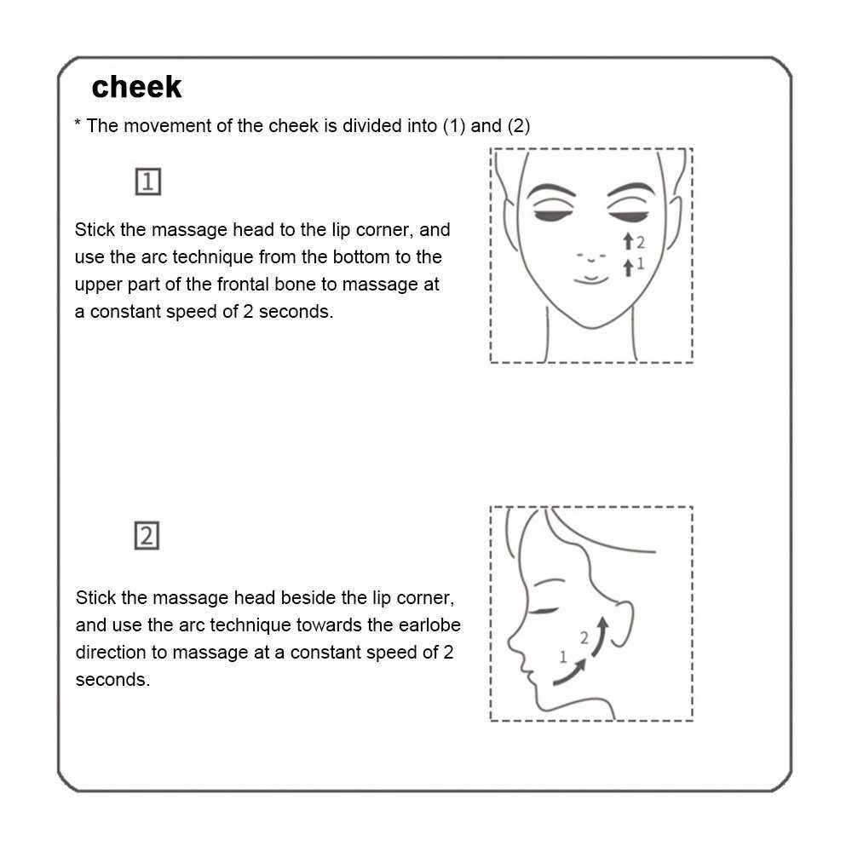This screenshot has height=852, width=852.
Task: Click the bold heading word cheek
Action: pos(136,87)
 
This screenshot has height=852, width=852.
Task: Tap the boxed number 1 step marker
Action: pos(147,181)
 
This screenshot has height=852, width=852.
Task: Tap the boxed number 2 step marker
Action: pos(147,536)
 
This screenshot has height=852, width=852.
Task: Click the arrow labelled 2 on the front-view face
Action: pos(628,241)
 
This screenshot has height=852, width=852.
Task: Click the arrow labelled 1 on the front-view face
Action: pos(628,268)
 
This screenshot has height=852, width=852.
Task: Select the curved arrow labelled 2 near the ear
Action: pos(600,636)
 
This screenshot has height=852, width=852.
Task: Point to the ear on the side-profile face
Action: pos(622,623)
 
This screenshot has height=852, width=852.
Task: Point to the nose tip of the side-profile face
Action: pos(510,642)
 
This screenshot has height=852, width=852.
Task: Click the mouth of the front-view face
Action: pos(591,279)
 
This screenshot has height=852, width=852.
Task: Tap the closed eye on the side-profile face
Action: pos(544,611)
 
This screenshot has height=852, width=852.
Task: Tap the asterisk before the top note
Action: pos(78,123)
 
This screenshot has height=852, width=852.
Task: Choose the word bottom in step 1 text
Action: pos(361,257)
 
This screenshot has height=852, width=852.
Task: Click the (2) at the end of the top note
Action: pos(518,126)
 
